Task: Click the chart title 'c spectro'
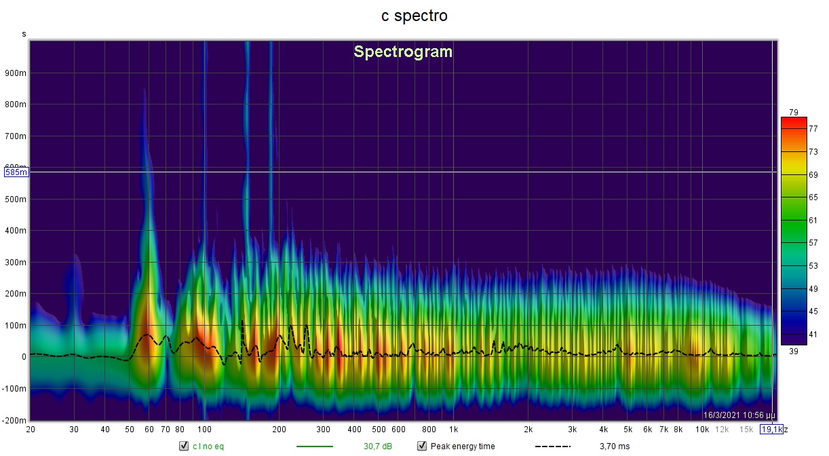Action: pyautogui.click(x=414, y=16)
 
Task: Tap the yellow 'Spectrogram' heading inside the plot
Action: pyautogui.click(x=403, y=52)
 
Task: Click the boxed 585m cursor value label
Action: pyautogui.click(x=16, y=172)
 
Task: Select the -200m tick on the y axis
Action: pyautogui.click(x=15, y=421)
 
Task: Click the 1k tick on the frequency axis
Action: pyautogui.click(x=453, y=430)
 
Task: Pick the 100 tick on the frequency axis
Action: pyautogui.click(x=205, y=430)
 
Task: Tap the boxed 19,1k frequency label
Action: pyautogui.click(x=771, y=430)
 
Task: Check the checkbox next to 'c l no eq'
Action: pyautogui.click(x=183, y=446)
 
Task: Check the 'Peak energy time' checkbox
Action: pyautogui.click(x=421, y=446)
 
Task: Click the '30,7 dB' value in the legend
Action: pyautogui.click(x=377, y=446)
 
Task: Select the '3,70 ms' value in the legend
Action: pyautogui.click(x=615, y=446)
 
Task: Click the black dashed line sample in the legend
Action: pyautogui.click(x=552, y=446)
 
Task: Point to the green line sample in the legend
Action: pyautogui.click(x=315, y=446)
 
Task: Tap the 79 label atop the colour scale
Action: pyautogui.click(x=793, y=113)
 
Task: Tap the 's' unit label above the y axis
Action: pyautogui.click(x=24, y=33)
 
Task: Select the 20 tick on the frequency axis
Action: pyautogui.click(x=31, y=430)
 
